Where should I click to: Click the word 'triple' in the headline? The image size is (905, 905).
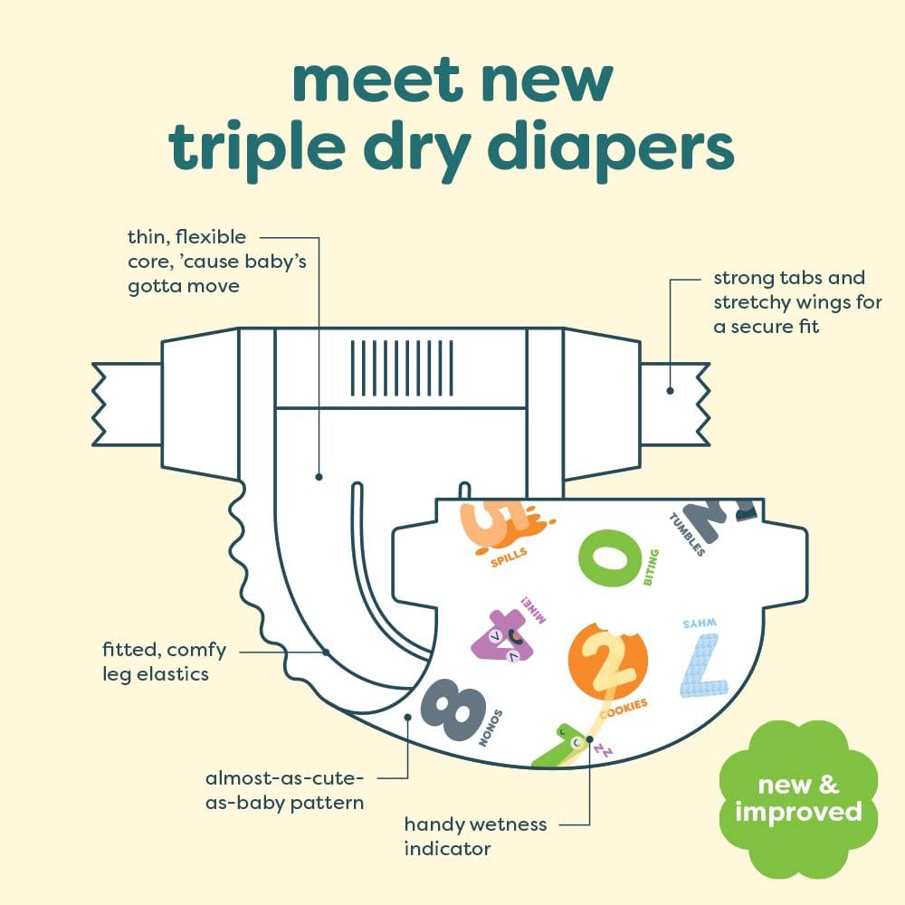(257, 148)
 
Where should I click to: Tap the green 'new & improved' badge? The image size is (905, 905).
(798, 799)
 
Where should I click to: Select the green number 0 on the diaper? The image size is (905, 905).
(609, 558)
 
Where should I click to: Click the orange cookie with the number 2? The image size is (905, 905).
(607, 661)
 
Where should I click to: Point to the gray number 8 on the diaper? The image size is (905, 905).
(452, 710)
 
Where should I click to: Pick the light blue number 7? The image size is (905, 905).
(703, 665)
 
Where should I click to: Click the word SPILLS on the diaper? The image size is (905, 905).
(509, 557)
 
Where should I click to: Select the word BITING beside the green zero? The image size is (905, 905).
(651, 567)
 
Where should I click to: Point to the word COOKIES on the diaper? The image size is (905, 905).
(624, 709)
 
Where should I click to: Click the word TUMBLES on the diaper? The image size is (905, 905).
(687, 534)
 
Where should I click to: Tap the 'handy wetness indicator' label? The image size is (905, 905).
(476, 836)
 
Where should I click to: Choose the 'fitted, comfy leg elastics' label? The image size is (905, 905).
(164, 662)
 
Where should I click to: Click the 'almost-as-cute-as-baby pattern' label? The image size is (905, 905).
(284, 790)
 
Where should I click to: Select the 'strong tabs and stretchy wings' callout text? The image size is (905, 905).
(797, 302)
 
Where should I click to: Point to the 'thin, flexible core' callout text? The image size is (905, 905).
(217, 262)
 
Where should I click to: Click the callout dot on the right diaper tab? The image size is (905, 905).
(670, 391)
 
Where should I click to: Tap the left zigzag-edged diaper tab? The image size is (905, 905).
(127, 405)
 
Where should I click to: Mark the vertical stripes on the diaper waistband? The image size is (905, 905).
(402, 368)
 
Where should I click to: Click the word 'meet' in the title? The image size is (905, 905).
(376, 81)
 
